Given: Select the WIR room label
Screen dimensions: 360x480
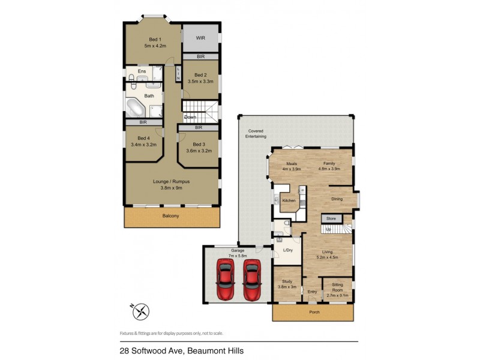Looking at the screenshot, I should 200,38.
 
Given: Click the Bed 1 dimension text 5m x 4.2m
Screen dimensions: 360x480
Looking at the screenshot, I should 155,46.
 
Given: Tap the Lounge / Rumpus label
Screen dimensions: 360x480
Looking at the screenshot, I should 172,181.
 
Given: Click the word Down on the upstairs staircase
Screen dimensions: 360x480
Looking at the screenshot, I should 190,117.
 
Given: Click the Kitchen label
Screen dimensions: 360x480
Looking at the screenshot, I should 289,200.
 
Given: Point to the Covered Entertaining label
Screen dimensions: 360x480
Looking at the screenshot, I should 256,134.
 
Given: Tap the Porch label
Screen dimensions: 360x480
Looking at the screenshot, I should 314,312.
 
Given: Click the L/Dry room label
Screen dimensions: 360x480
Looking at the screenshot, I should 287,250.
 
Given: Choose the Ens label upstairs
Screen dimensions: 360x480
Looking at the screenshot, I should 142,71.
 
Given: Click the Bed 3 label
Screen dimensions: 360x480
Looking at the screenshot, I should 199,144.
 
